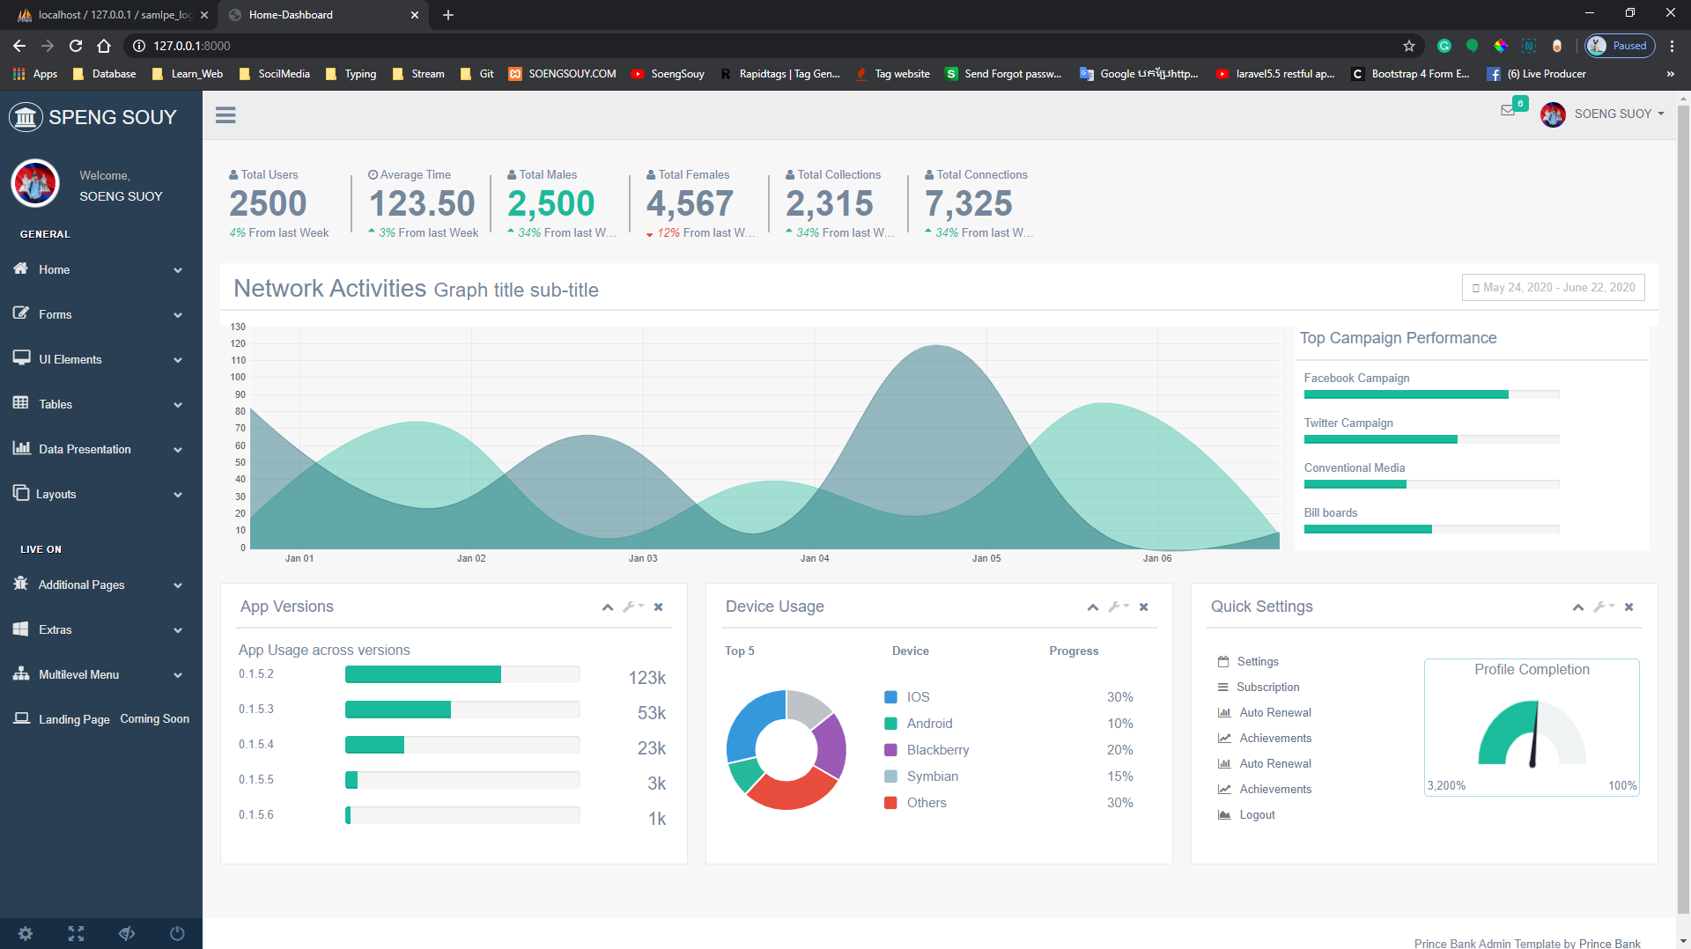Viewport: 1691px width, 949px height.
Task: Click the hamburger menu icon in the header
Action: [225, 115]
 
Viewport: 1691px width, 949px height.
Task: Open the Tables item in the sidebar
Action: [55, 404]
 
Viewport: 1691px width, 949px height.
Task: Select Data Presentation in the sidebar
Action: [85, 449]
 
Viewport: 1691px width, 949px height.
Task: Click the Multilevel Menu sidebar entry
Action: [78, 674]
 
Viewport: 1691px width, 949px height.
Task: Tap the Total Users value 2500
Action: [268, 204]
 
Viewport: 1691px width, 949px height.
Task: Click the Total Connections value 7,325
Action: [968, 204]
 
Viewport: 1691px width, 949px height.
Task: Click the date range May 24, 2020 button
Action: [1553, 288]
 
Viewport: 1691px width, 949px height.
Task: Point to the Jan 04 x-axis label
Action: [814, 558]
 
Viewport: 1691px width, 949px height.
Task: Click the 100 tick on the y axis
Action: [238, 377]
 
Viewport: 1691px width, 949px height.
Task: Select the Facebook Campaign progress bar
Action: [1406, 394]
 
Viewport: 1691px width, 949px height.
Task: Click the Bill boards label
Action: [1330, 512]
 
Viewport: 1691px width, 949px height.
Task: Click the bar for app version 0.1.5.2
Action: [423, 674]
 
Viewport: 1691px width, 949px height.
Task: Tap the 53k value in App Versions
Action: [651, 713]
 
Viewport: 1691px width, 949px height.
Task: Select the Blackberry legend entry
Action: [937, 750]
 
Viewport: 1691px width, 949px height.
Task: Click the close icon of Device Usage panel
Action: [1143, 607]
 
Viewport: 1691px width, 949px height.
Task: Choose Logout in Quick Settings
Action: [1257, 815]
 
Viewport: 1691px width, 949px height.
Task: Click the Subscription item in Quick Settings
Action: [1267, 688]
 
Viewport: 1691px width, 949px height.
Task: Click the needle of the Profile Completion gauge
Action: [1534, 736]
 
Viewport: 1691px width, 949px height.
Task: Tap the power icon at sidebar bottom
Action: [177, 933]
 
